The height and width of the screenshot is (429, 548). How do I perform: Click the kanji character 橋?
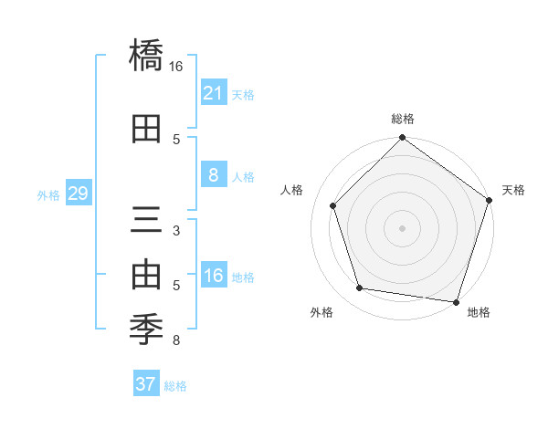coord(146,57)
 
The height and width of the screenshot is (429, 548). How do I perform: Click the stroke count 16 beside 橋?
coord(176,67)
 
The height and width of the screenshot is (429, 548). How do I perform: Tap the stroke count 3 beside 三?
coord(176,231)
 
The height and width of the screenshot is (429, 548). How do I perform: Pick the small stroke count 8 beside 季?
coord(176,341)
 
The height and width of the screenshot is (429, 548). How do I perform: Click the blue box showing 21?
coord(213,93)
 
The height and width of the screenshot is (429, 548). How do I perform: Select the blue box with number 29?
coord(78,194)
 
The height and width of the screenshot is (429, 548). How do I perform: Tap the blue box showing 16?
coord(213,277)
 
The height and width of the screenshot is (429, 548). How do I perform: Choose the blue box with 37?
coord(145,384)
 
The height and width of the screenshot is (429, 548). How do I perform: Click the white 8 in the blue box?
coord(213,175)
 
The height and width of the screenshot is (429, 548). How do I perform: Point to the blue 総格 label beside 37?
coord(175,386)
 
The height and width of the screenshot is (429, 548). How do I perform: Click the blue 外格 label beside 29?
coord(48,194)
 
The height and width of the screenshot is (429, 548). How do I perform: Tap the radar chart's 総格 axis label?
coord(403,119)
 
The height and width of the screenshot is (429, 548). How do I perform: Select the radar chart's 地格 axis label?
coord(479,312)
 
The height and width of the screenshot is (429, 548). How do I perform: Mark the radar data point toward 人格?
coord(333,206)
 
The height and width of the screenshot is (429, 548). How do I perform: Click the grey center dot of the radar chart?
coord(403,227)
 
